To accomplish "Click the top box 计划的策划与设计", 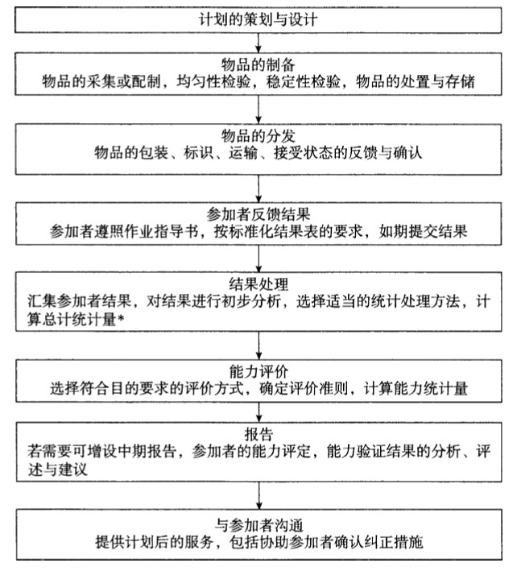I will click(x=258, y=17).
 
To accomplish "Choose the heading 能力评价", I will click(x=258, y=371).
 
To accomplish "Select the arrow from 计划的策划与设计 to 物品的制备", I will click(x=258, y=40).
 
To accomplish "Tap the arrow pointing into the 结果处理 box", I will click(x=258, y=262).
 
